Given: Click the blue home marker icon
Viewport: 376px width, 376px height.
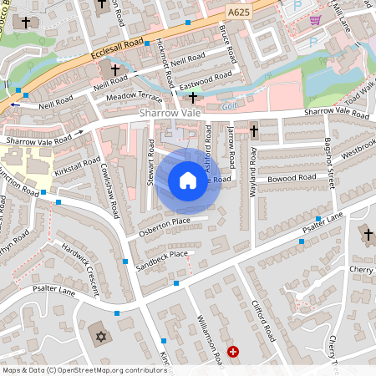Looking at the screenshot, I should coord(188,180).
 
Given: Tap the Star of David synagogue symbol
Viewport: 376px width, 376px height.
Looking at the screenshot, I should coord(103,336).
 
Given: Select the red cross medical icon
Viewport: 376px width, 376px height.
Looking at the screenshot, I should coord(232,353).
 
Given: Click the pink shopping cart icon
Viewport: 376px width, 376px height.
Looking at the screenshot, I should coord(315,20).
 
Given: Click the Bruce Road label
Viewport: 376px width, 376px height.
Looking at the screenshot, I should coord(225,36).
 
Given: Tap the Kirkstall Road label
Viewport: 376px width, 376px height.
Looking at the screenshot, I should coord(77,165).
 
